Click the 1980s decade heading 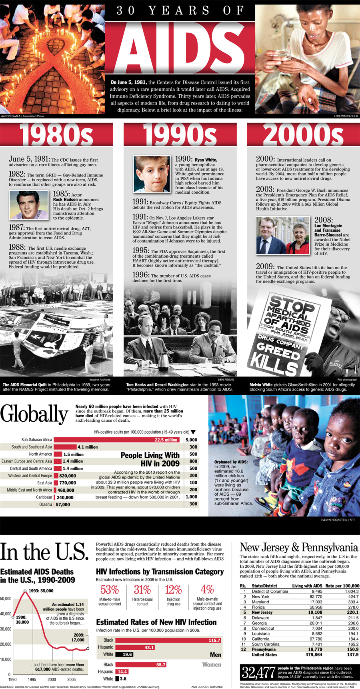[x=56, y=134]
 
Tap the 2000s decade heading [x=303, y=134]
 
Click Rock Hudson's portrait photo [x=29, y=205]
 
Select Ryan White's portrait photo [x=152, y=174]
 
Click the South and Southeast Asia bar [x=65, y=447]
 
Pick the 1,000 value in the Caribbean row [x=192, y=497]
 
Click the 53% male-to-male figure [x=110, y=589]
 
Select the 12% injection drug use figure [x=173, y=589]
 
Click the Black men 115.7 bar [x=168, y=640]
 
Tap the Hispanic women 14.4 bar [x=122, y=672]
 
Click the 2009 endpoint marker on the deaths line [x=88, y=649]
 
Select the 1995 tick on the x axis [x=32, y=679]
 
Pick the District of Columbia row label [x=270, y=591]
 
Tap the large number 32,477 [x=258, y=673]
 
